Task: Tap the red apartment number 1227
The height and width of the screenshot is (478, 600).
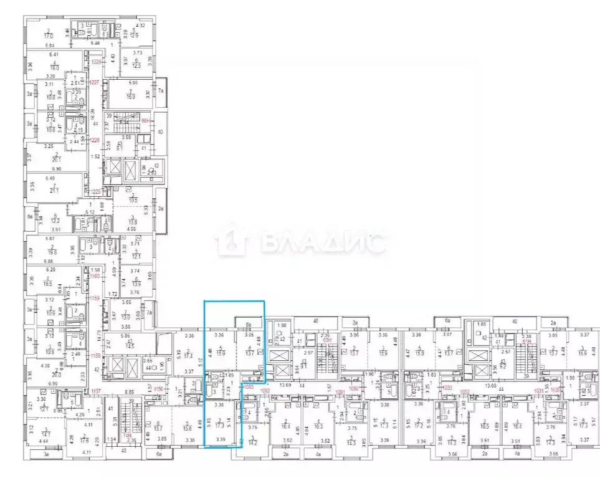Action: pyautogui.click(x=95, y=83)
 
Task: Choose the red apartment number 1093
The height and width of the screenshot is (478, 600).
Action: pyautogui.click(x=249, y=387)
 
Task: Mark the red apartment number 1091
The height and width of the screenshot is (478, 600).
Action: pyautogui.click(x=340, y=391)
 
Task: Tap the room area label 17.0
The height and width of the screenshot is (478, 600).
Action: pyautogui.click(x=48, y=35)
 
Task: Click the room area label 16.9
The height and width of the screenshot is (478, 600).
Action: pyautogui.click(x=131, y=97)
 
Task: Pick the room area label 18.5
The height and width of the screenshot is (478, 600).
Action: pyautogui.click(x=47, y=283)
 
